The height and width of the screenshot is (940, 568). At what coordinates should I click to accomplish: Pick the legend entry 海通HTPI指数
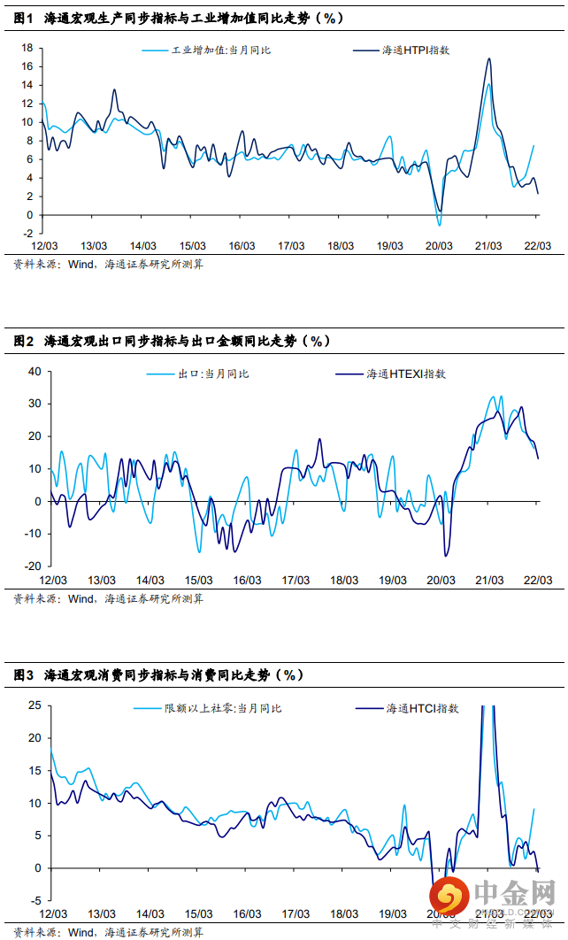coord(416,50)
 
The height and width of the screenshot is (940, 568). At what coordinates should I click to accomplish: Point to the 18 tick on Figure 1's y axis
coord(27,48)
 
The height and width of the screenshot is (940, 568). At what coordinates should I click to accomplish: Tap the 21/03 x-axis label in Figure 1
coord(488,245)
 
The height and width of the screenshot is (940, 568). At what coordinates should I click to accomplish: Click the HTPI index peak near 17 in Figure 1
coord(489,58)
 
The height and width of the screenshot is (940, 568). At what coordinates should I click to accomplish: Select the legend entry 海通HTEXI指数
coord(406,374)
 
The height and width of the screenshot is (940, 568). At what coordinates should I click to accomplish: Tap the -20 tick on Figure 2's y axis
coord(33,566)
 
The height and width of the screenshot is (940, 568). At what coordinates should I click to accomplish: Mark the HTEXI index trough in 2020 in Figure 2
coord(446,556)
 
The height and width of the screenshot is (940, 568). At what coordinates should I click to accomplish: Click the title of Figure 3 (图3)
coord(158,674)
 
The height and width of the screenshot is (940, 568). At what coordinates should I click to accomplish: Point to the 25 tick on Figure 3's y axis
coord(35,705)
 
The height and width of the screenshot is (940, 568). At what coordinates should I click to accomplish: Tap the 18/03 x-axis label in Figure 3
coord(343,913)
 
